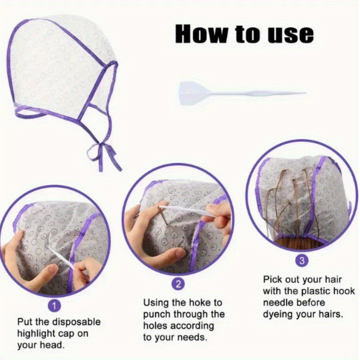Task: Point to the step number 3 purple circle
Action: tap(301, 260)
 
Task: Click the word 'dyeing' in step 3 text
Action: tap(279, 314)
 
